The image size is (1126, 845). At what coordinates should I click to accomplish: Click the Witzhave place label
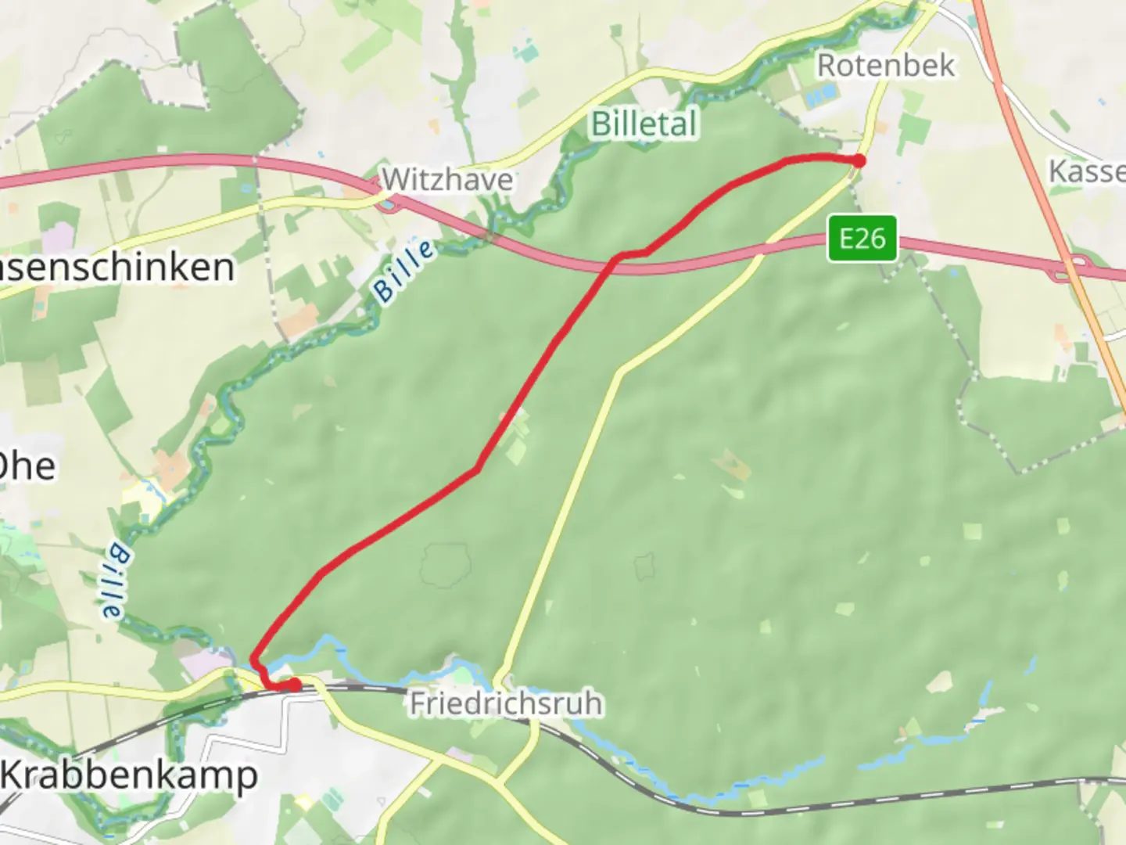point(447,180)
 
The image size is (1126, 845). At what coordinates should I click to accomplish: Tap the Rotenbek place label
point(885,65)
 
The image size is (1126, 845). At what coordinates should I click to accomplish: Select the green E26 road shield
point(862,238)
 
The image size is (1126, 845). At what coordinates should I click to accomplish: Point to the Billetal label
point(644,124)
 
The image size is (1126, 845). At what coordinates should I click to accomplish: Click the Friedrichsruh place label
point(506,703)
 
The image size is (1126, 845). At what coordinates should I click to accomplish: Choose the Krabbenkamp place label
point(129,775)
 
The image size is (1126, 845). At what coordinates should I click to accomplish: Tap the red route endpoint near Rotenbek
point(859,161)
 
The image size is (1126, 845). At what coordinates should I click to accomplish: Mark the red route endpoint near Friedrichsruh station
point(295,685)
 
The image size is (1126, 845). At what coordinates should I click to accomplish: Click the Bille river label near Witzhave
point(404,271)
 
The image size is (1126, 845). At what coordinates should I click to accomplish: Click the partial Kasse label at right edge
point(1087,171)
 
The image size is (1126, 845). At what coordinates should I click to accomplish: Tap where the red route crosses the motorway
point(614,263)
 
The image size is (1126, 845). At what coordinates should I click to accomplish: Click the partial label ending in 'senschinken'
point(117,268)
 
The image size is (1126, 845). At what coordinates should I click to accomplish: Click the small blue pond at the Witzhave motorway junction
point(386,206)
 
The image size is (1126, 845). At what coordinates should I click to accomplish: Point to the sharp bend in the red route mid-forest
point(476,469)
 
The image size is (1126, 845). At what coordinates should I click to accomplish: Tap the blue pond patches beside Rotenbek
point(819,96)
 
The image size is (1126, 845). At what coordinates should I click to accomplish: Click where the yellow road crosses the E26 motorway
point(770,249)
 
